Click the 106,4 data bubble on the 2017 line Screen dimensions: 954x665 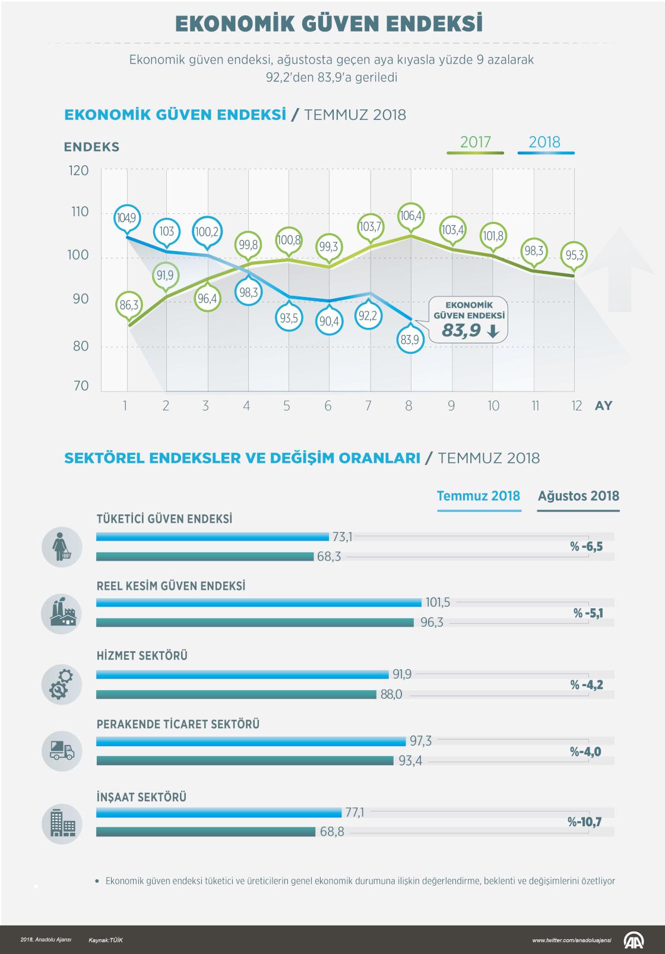(411, 216)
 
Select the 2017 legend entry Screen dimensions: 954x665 (475, 143)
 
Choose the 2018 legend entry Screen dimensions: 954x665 (544, 143)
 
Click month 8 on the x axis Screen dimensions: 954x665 (408, 406)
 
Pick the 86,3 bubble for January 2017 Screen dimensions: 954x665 (128, 305)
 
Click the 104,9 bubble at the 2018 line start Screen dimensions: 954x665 (126, 218)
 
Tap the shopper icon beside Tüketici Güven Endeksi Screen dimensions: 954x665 (62, 547)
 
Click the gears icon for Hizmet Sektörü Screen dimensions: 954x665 (62, 684)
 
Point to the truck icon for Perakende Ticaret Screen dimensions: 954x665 (62, 751)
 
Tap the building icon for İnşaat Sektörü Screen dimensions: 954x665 (62, 823)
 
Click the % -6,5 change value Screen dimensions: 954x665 (586, 547)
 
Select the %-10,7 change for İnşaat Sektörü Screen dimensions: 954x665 (584, 823)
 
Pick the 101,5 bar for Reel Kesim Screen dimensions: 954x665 (259, 603)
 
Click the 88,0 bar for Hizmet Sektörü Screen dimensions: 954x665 (236, 694)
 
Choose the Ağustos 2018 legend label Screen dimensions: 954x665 (578, 496)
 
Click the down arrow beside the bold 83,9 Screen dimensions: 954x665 (492, 332)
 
